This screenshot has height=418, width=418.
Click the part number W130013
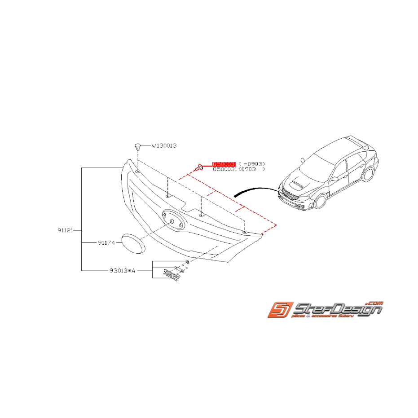pos(164,145)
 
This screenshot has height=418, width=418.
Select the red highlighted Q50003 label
pos(224,164)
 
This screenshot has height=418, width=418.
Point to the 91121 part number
pos(66,230)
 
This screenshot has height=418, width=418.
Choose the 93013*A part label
pos(123,271)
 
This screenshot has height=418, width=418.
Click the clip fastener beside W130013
pos(138,146)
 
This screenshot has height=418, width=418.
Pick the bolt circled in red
pos(199,168)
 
